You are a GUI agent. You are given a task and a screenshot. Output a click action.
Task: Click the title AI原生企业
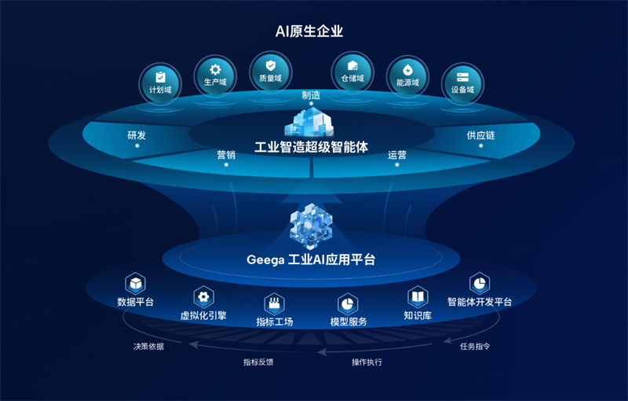(x=309, y=31)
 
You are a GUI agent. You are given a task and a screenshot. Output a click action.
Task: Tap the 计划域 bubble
(x=160, y=84)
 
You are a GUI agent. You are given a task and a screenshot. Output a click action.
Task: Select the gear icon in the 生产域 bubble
(x=215, y=70)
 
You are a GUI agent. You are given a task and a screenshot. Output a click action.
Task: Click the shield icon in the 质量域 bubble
(x=271, y=65)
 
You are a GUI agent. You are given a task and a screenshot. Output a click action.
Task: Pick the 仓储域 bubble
(x=352, y=72)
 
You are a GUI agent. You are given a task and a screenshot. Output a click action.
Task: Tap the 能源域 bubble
(x=407, y=76)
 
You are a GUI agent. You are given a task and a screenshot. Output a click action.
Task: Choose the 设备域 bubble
(x=462, y=84)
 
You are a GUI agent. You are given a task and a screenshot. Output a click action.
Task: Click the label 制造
(x=311, y=95)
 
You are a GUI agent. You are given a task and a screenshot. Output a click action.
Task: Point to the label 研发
(x=137, y=135)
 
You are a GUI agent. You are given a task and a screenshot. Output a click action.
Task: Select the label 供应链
(x=480, y=135)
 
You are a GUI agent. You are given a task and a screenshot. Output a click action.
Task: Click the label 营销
(x=226, y=155)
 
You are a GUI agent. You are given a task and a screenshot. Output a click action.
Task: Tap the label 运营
(x=397, y=155)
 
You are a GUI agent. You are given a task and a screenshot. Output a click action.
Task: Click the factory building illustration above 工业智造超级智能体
(x=309, y=122)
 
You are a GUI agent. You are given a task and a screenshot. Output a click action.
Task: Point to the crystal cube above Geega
(x=311, y=226)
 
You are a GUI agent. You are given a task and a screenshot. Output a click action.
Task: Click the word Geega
(x=265, y=260)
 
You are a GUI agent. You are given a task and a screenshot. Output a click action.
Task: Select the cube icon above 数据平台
(x=135, y=284)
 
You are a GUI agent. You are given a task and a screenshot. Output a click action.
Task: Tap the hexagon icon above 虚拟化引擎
(x=204, y=297)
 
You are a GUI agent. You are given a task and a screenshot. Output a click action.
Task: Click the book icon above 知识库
(x=418, y=297)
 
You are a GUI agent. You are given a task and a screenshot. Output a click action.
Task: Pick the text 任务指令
(x=475, y=347)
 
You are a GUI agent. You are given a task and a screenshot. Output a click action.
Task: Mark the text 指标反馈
(x=258, y=362)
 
